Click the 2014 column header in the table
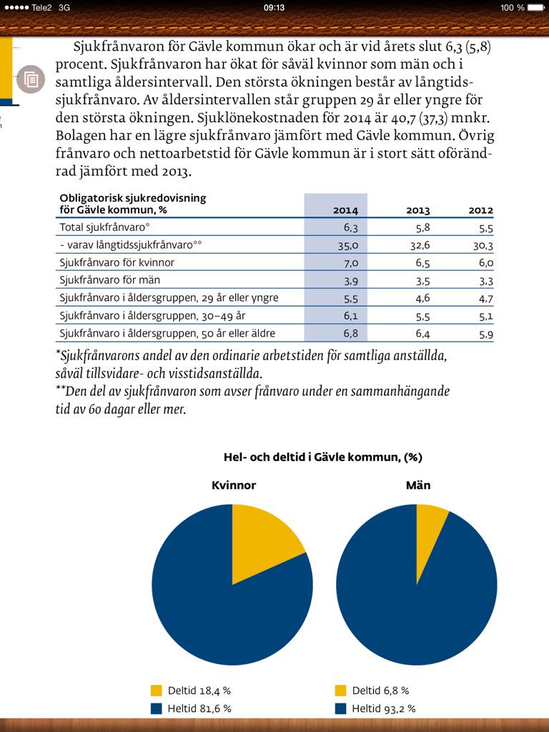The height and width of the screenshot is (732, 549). (345, 210)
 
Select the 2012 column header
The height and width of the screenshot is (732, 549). (480, 210)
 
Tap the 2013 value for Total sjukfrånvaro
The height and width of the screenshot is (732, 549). (418, 227)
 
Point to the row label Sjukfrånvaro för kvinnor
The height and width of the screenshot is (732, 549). (117, 262)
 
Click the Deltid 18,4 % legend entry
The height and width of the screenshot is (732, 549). (191, 691)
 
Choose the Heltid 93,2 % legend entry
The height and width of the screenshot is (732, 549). (376, 708)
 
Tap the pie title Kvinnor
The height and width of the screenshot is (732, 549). (234, 485)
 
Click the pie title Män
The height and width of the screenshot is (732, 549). (418, 485)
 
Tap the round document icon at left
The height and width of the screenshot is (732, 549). (31, 79)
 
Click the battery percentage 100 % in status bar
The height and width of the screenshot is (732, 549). (512, 7)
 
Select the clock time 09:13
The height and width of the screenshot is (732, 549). (274, 7)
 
